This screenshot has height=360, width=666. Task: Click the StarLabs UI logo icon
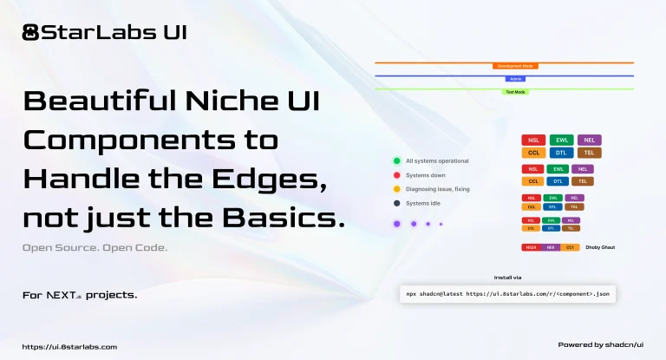click(x=31, y=33)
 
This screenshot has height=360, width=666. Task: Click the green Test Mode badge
click(x=516, y=92)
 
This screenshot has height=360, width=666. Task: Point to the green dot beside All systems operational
click(x=396, y=160)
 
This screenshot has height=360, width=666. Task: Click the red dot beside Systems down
click(x=396, y=174)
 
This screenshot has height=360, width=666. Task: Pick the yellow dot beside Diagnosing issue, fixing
click(x=396, y=188)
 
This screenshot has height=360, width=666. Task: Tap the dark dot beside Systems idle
click(x=396, y=203)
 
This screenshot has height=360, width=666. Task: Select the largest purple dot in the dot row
click(x=396, y=224)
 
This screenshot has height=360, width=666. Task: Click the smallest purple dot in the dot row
click(x=441, y=224)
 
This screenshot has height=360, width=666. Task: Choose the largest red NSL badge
click(x=533, y=140)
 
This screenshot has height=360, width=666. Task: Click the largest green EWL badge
click(x=561, y=140)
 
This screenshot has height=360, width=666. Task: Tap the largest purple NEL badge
click(x=589, y=140)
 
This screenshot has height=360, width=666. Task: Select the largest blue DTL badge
click(x=561, y=153)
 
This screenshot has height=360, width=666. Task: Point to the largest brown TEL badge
click(x=589, y=153)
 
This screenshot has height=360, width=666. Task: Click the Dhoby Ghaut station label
click(x=600, y=248)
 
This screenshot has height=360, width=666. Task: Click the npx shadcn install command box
click(x=507, y=294)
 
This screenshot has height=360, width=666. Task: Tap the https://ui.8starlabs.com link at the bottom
click(x=69, y=346)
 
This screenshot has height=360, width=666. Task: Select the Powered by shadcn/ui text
click(x=601, y=344)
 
